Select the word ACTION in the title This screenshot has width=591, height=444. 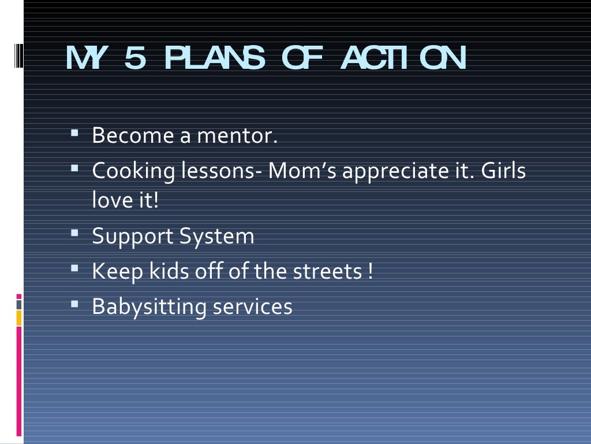(403, 58)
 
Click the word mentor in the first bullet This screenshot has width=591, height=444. (237, 136)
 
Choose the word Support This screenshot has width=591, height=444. (132, 237)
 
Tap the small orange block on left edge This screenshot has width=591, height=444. (18, 317)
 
